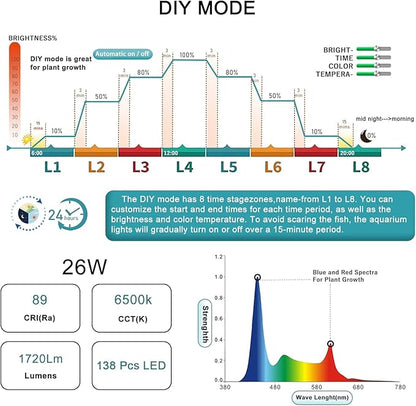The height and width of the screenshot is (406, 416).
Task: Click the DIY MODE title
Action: (208, 14)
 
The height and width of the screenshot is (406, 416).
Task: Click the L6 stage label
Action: (273, 170)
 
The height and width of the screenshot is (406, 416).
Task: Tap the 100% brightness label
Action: (185, 56)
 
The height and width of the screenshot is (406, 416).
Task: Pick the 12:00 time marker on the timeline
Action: (171, 152)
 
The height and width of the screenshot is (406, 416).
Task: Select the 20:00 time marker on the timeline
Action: (346, 152)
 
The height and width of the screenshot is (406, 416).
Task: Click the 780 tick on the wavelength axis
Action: (398, 386)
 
